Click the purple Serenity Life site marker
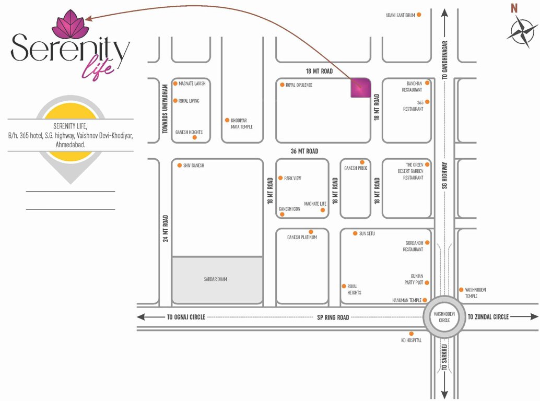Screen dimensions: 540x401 coord(360,88)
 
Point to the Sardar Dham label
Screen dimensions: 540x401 coord(215,279)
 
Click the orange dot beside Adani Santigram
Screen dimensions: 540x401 coord(419,15)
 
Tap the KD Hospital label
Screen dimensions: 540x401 coord(411,340)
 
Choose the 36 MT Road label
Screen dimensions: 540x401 coord(304,151)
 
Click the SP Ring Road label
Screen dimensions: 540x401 coord(333,317)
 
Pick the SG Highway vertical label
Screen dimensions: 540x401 coord(445,174)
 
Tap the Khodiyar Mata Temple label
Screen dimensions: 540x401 coord(242,123)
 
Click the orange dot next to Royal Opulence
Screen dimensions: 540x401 coord(282,85)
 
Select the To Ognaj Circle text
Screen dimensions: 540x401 coord(186,317)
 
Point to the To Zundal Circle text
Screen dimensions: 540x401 coord(488,317)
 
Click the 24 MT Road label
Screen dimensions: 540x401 coord(165,229)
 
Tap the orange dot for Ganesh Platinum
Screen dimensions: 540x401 coord(311,232)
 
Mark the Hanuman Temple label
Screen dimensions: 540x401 coord(406,300)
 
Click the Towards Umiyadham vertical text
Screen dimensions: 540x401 coord(165,109)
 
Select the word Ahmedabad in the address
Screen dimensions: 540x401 coord(71,144)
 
